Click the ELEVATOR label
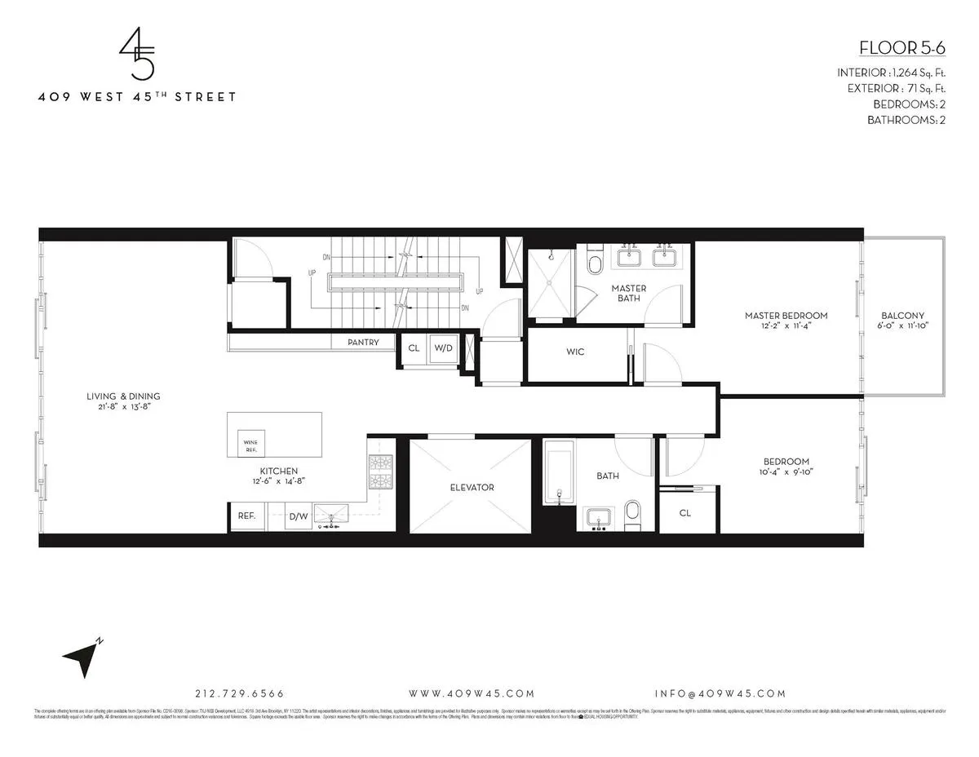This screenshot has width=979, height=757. tap(472, 487)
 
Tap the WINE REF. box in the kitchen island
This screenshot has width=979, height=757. tap(250, 445)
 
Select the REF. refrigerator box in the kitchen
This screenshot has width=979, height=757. tap(246, 516)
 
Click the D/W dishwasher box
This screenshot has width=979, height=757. tap(298, 516)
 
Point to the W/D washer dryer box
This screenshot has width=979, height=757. tap(443, 348)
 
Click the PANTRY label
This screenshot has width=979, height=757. tap(363, 343)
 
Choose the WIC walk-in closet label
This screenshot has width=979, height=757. tap(575, 352)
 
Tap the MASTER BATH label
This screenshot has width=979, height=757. tap(629, 294)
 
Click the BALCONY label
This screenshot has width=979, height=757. tap(903, 316)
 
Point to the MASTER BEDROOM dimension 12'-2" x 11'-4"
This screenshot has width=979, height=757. tap(786, 325)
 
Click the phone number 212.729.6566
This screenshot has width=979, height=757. tap(240, 693)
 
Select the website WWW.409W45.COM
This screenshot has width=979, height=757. tap(472, 693)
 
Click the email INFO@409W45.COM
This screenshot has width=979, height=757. tap(720, 693)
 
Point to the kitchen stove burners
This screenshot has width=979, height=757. tap(381, 471)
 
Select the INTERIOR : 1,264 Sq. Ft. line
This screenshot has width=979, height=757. tap(891, 73)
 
